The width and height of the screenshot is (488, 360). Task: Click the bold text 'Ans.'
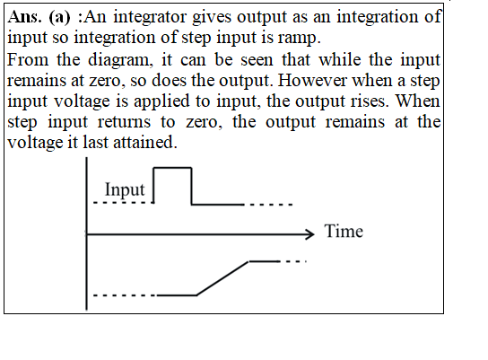pos(24,17)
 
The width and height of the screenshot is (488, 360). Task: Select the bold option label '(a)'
pos(59,17)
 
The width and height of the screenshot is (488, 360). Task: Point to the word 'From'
pos(28,59)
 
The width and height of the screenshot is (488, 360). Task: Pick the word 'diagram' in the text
pos(119,60)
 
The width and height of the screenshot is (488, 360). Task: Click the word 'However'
pos(312,80)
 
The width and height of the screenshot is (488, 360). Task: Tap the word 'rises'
pos(368,101)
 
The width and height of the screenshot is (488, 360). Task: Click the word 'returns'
pos(124,122)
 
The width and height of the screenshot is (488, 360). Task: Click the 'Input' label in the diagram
pos(125,189)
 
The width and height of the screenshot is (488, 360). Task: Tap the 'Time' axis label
pos(344,232)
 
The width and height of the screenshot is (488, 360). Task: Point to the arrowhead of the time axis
pos(310,234)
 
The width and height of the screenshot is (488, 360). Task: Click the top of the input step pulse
pos(173,168)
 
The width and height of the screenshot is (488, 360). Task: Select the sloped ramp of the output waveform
pos(222,278)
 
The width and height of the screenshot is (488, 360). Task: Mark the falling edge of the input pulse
pos(191,186)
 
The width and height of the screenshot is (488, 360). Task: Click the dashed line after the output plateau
pos(293,261)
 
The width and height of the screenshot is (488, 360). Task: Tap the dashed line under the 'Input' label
pos(124,203)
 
